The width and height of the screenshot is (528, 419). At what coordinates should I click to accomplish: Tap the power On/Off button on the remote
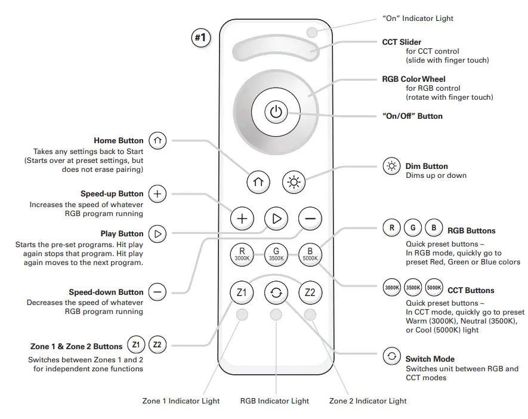coord(275,111)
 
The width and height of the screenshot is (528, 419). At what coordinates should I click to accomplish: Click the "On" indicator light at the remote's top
coord(311,32)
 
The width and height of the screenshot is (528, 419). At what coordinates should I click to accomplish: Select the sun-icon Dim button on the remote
coord(293,182)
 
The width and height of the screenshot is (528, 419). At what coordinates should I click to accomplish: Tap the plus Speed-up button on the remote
coord(242,218)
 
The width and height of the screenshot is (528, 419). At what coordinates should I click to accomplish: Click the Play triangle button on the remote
coord(276,218)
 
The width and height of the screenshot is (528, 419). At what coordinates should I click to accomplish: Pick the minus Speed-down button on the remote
coord(310,218)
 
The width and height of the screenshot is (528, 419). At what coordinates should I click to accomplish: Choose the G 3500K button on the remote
coord(276,254)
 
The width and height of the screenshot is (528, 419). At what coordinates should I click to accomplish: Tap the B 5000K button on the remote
coord(310,254)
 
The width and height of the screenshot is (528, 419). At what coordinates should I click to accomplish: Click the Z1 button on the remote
coord(242,292)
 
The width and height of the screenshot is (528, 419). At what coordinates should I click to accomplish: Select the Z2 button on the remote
coord(310,292)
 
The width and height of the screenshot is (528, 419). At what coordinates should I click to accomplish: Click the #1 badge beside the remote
coord(201,38)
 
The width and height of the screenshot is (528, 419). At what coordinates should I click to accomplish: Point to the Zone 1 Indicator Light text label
coord(181,401)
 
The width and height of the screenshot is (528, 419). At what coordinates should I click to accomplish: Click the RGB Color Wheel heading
coord(413,79)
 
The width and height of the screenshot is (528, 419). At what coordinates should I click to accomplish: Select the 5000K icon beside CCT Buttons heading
coord(434,288)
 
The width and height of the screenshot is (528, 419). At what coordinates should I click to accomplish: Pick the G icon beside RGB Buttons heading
coord(413,227)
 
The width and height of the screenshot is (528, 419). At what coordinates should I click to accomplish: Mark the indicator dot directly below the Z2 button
coord(310,315)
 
